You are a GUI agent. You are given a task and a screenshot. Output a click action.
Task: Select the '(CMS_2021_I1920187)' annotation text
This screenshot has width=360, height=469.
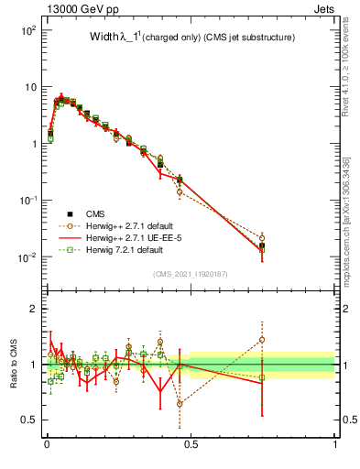click(191, 274)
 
